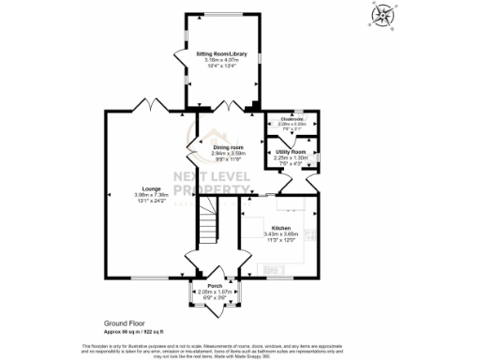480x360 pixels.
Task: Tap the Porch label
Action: pos(214,287)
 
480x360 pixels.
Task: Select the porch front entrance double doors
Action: pos(215,307)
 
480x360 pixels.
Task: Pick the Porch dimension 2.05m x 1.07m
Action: pos(214,292)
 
